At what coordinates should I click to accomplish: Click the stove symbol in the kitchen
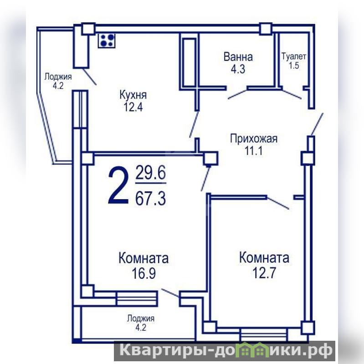pos(107,41)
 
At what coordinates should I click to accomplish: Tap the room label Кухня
pos(133,95)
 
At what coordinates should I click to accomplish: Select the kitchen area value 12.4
pos(133,107)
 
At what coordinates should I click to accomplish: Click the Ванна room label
pos(238,57)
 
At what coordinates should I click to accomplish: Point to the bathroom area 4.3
pos(238,69)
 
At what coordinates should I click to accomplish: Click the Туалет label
pos(294,56)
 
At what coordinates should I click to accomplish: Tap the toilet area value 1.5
pos(294,66)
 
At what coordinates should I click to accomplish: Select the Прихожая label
pos(254,139)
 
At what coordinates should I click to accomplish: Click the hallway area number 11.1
pos(253,151)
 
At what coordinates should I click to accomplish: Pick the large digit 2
pos(118,186)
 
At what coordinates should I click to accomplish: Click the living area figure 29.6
pos(150,173)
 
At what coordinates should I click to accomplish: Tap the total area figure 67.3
pos(150,199)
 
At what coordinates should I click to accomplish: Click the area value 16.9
pos(144,273)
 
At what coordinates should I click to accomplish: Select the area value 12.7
pos(264,273)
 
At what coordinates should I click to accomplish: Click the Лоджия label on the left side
pos(58,77)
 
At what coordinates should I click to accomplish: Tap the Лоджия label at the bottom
pos(141,318)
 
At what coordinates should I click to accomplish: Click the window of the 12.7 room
pos(264,334)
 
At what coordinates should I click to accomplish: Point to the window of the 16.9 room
pos(137,299)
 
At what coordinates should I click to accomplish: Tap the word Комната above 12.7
pos(264,258)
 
